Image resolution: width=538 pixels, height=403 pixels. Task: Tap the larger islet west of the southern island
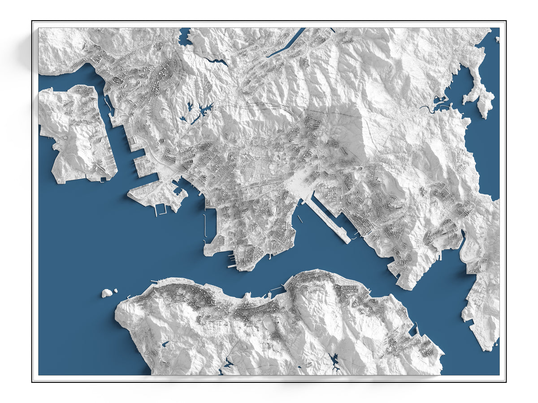[x=107, y=293]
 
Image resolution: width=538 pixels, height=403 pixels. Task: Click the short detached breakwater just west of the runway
[x=299, y=219]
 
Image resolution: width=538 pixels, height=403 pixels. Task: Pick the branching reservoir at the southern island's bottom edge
[x=334, y=360]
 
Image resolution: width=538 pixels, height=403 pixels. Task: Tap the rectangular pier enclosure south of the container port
[x=161, y=209]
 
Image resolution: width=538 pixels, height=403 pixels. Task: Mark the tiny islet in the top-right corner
[x=497, y=39]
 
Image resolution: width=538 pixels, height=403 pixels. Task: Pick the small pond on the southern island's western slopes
[x=165, y=344]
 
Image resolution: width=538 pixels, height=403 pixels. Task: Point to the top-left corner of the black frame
[x=32, y=21]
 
